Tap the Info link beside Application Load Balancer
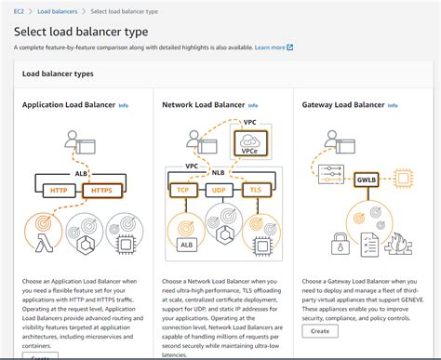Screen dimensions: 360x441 click(124, 106)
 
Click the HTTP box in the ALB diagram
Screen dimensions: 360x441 click(58, 191)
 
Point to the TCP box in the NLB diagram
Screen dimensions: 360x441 click(183, 189)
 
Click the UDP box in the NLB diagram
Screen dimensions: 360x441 click(220, 189)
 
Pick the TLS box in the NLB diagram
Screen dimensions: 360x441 click(256, 189)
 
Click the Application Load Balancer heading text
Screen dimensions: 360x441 click(68, 106)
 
